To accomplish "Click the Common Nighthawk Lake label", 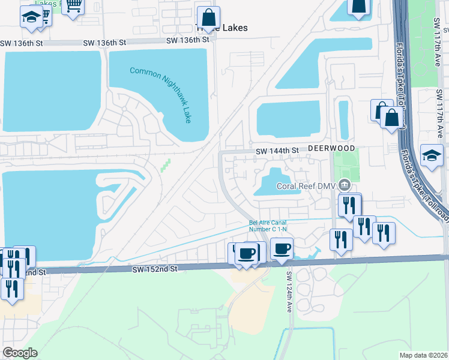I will pos(161,95).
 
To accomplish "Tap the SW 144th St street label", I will pos(277,151).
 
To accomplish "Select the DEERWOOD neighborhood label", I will pos(333,148).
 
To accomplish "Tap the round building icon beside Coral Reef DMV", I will pos(345,184).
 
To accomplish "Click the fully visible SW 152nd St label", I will pos(156,270).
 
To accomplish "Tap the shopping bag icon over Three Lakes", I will pos(208,18).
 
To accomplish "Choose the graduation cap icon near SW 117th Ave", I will pos(432,156).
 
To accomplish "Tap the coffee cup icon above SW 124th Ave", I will pos(282,248).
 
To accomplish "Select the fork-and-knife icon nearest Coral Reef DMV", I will pos(349,205).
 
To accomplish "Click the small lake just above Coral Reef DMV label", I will pos(273,182).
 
